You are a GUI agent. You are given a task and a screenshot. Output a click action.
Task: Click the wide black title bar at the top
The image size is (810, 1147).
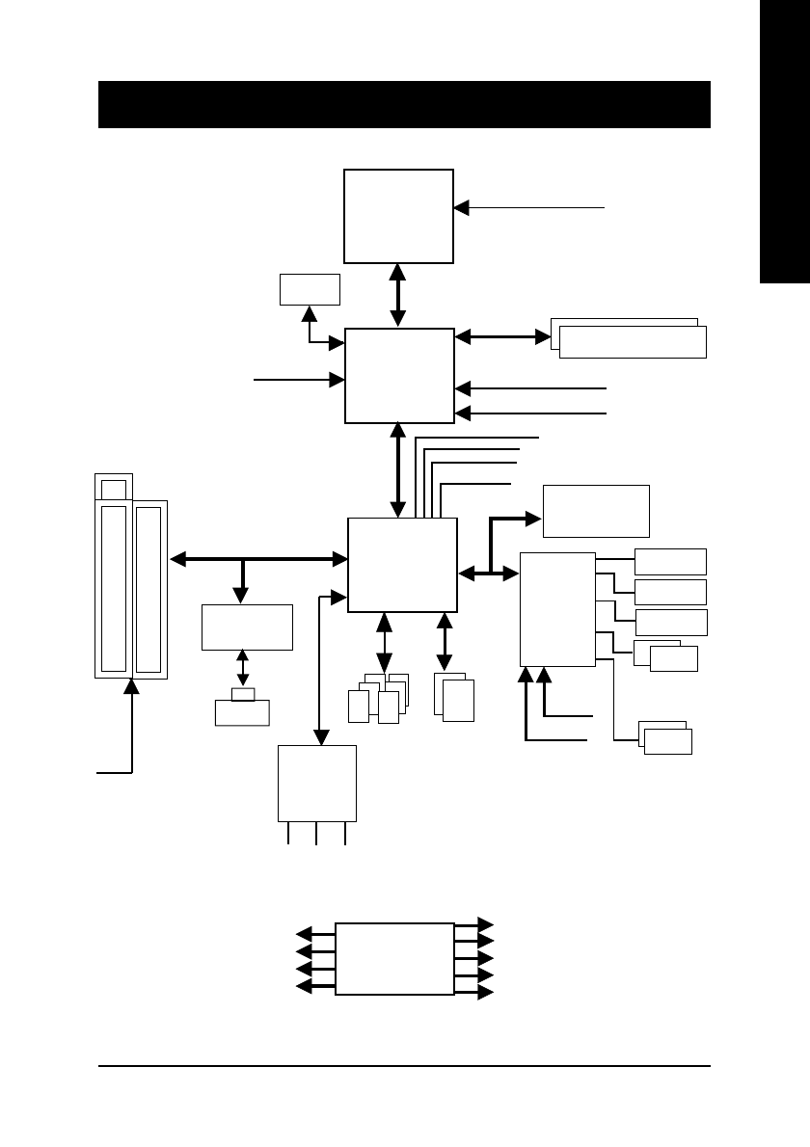click(x=404, y=104)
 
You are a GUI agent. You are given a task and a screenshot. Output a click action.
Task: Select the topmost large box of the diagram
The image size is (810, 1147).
click(x=399, y=215)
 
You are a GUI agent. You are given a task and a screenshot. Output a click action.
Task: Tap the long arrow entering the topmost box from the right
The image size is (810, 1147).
click(x=529, y=206)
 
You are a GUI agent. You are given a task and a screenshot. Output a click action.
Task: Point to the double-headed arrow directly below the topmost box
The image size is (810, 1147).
click(x=398, y=294)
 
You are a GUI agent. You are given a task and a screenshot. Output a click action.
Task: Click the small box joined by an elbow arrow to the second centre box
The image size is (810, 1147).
click(x=310, y=289)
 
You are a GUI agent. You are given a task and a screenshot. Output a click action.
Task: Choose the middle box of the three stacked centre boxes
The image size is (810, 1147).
click(x=399, y=375)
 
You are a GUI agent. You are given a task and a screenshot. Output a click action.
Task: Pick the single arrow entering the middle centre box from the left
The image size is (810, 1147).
click(x=299, y=380)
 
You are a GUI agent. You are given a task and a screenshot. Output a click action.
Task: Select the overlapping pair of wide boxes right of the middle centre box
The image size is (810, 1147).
click(x=629, y=338)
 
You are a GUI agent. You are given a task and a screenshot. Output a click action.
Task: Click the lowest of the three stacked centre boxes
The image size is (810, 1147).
click(x=402, y=564)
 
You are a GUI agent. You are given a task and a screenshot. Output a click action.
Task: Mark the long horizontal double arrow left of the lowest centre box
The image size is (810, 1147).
click(x=258, y=558)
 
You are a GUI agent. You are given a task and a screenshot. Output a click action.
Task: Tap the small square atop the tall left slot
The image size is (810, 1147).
click(x=113, y=489)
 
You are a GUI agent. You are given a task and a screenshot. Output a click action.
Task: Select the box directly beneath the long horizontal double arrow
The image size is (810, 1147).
click(x=247, y=627)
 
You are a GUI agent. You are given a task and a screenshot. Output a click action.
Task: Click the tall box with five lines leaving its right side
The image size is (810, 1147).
click(x=557, y=608)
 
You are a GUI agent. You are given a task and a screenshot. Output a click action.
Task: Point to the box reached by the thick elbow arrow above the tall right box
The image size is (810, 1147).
click(x=596, y=511)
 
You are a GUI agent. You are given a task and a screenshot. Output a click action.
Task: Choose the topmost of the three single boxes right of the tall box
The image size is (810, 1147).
click(x=670, y=561)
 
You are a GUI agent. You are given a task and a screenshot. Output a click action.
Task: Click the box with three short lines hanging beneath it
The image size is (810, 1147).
click(x=316, y=782)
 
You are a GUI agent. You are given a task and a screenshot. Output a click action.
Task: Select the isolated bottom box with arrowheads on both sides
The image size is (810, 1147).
click(x=394, y=958)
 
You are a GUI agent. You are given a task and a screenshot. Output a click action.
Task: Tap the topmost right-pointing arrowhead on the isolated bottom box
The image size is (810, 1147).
click(x=486, y=925)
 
